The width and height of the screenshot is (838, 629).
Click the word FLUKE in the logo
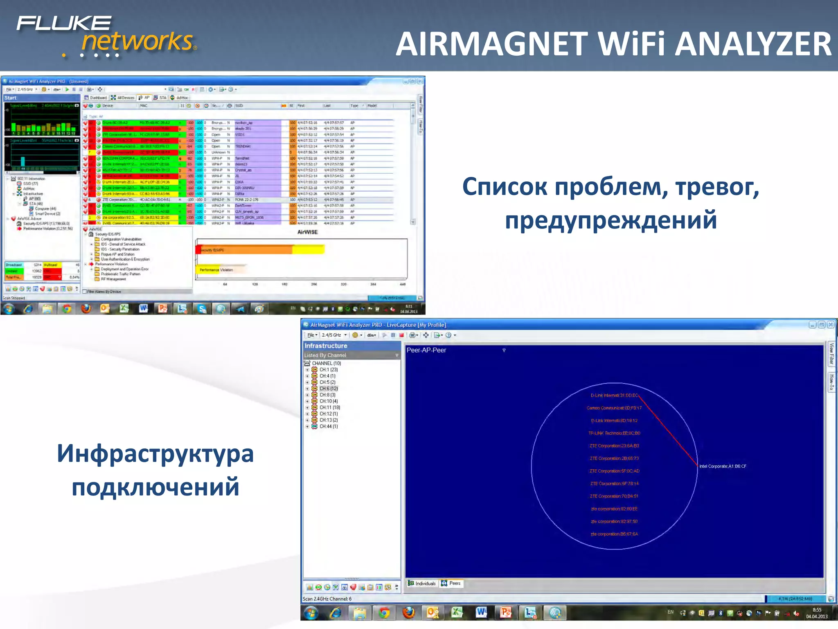[64, 23]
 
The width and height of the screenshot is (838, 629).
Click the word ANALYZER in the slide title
[753, 44]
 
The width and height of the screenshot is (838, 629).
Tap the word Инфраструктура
[155, 454]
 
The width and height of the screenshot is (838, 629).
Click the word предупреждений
[610, 220]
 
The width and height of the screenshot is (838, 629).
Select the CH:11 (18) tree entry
[329, 407]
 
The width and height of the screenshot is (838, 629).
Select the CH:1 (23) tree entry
[328, 369]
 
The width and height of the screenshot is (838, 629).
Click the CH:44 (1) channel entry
[328, 426]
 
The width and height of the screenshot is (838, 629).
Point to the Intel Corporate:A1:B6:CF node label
[723, 466]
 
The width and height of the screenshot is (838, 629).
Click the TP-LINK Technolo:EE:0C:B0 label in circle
[614, 433]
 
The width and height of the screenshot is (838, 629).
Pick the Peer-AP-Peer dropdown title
[426, 350]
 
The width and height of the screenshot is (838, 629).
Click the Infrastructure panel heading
[326, 346]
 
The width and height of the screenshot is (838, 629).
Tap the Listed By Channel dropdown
[351, 355]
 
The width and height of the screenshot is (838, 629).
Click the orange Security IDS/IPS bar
[246, 249]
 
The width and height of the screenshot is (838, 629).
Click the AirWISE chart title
[307, 232]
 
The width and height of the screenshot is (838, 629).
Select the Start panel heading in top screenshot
[11, 98]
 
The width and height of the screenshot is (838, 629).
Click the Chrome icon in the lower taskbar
[384, 613]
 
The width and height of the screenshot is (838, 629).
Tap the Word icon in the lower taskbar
[481, 613]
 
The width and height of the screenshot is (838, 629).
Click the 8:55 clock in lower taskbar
[817, 610]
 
